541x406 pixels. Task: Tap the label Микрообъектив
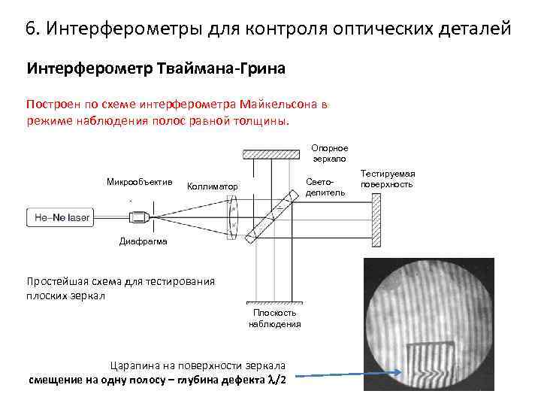point(140,182)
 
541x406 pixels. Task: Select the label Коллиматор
point(212,186)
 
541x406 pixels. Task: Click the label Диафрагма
point(144,241)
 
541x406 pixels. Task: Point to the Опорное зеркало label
point(329,153)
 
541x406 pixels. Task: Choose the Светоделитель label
point(325,187)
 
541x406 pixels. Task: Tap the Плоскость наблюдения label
point(274,318)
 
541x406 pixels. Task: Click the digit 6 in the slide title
point(29,29)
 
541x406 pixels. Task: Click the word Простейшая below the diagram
point(58,281)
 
